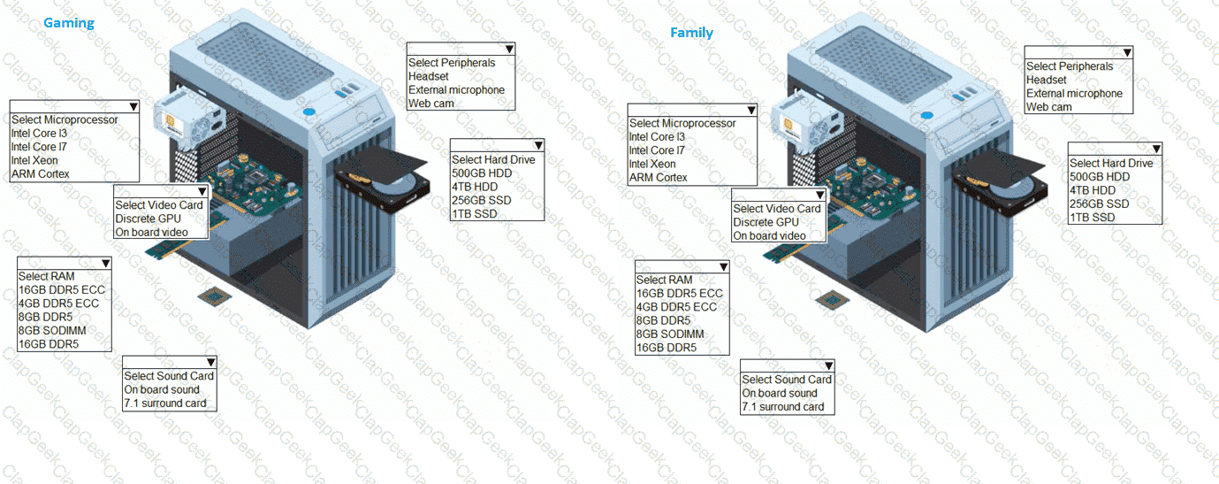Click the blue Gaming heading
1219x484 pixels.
click(69, 23)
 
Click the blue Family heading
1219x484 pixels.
click(691, 33)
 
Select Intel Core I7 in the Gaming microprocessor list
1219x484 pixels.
click(39, 147)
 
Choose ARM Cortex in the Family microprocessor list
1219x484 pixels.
click(658, 178)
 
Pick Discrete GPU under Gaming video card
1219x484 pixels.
click(148, 219)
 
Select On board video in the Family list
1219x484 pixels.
click(769, 235)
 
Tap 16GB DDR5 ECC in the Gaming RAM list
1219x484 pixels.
click(62, 290)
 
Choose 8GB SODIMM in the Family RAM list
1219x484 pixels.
click(670, 334)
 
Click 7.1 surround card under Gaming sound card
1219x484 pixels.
click(165, 403)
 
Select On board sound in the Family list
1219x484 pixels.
click(780, 393)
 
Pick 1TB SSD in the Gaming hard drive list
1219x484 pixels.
click(475, 214)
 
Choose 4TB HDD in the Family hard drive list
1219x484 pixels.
click(1093, 190)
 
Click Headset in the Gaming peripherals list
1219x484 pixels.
click(428, 77)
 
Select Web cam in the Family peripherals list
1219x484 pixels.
click(1048, 107)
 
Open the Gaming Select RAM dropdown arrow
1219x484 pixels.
click(105, 264)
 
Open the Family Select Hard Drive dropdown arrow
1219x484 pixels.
click(1156, 149)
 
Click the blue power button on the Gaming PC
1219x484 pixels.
click(309, 112)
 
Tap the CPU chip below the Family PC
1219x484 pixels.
click(832, 300)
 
